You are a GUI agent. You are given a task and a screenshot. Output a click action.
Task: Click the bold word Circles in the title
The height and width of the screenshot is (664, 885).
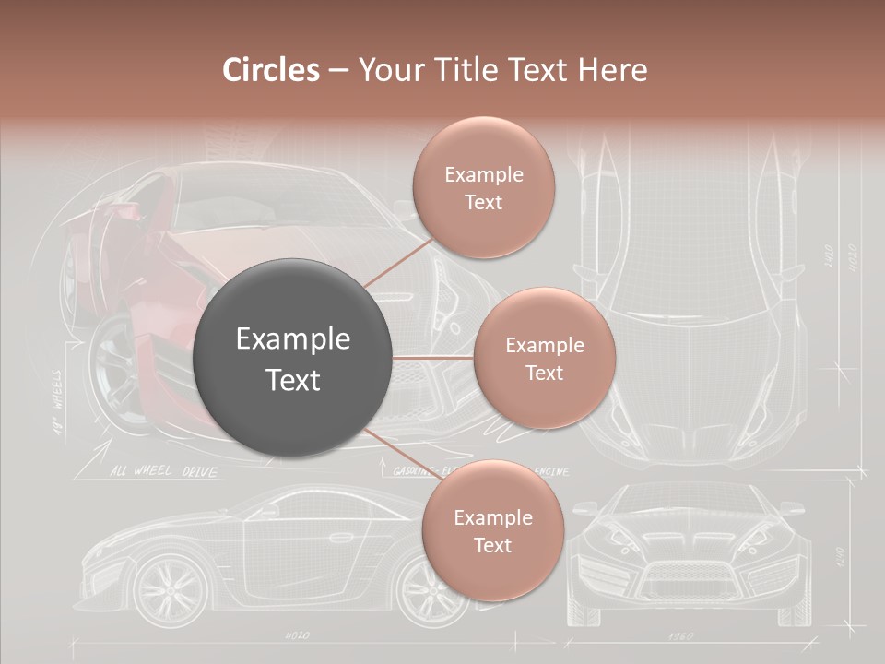(271, 70)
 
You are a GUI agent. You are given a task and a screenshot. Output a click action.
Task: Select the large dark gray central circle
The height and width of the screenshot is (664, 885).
(292, 358)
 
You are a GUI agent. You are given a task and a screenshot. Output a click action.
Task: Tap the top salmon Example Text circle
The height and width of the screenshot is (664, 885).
(483, 187)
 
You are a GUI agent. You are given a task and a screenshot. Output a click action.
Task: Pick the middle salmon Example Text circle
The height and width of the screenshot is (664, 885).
(544, 358)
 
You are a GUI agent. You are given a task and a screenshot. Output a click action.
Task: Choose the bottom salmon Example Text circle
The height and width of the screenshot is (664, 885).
(492, 530)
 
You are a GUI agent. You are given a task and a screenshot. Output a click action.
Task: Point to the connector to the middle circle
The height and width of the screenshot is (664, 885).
(433, 357)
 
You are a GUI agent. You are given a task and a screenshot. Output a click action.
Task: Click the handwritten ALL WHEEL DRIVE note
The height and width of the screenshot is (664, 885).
(164, 471)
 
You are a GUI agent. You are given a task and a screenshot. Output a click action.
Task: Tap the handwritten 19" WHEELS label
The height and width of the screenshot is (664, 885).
(56, 402)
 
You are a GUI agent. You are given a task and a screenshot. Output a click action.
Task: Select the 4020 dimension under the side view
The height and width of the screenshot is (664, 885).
(297, 635)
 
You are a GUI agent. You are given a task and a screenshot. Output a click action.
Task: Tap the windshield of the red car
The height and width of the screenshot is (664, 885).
(277, 198)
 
